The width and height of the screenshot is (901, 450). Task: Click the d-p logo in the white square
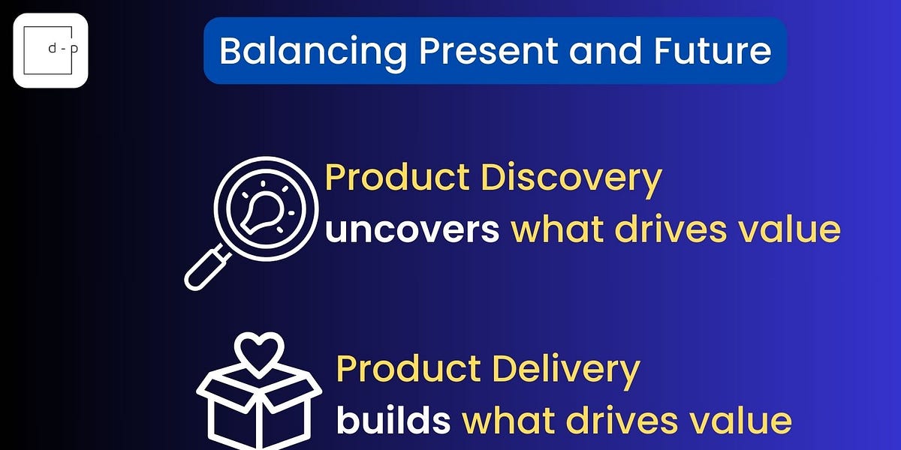click(50, 50)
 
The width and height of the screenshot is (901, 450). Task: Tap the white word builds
click(393, 421)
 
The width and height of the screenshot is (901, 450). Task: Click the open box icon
click(259, 409)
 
